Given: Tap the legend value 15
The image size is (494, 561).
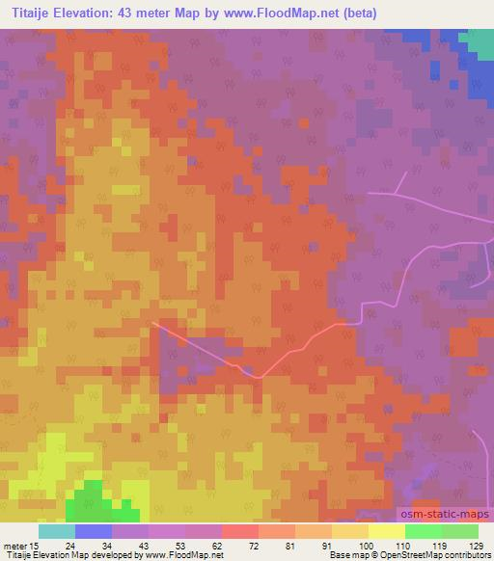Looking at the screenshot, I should tap(38, 546).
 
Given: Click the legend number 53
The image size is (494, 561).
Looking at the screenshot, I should tap(184, 546).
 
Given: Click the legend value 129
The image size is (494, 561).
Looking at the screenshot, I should tap(476, 546).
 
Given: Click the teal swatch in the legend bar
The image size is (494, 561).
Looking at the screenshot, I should tap(56, 531).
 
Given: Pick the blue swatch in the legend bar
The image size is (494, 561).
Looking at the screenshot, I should tap(93, 531).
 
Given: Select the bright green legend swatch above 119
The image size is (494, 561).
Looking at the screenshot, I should tap(423, 531).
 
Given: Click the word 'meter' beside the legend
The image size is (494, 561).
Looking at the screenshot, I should tap(14, 546).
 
